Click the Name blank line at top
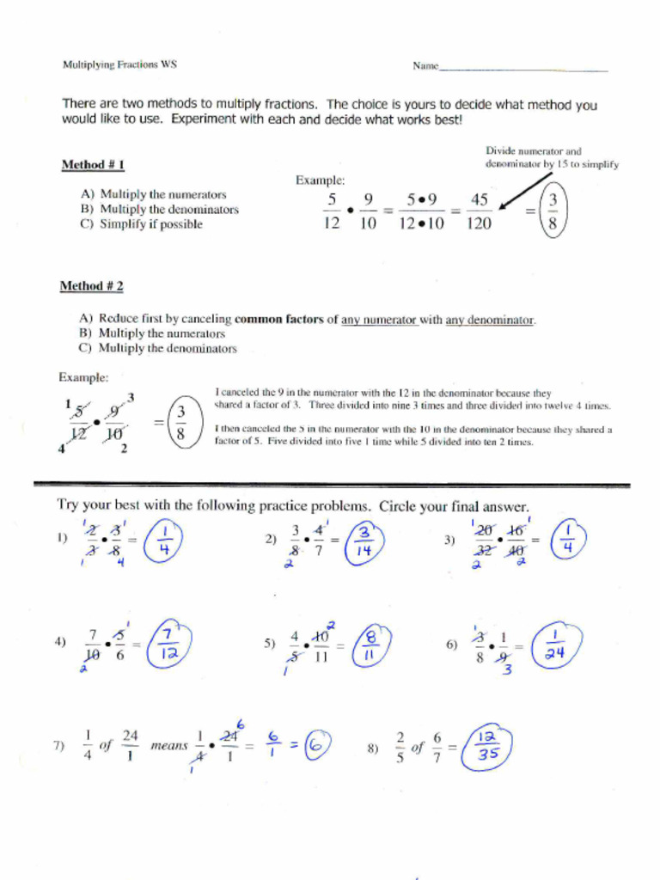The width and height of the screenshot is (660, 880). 523,69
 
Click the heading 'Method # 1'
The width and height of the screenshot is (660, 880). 94,164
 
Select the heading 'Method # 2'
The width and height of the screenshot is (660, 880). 91,285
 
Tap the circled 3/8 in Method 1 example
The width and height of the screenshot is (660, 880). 553,211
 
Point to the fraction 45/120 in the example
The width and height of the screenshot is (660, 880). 479,211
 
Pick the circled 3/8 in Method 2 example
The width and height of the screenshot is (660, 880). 181,423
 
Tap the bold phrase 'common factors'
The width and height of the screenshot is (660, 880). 279,320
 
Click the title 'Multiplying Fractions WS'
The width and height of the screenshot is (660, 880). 119,64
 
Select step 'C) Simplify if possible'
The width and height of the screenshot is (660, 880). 142,224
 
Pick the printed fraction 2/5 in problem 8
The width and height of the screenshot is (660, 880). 400,747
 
